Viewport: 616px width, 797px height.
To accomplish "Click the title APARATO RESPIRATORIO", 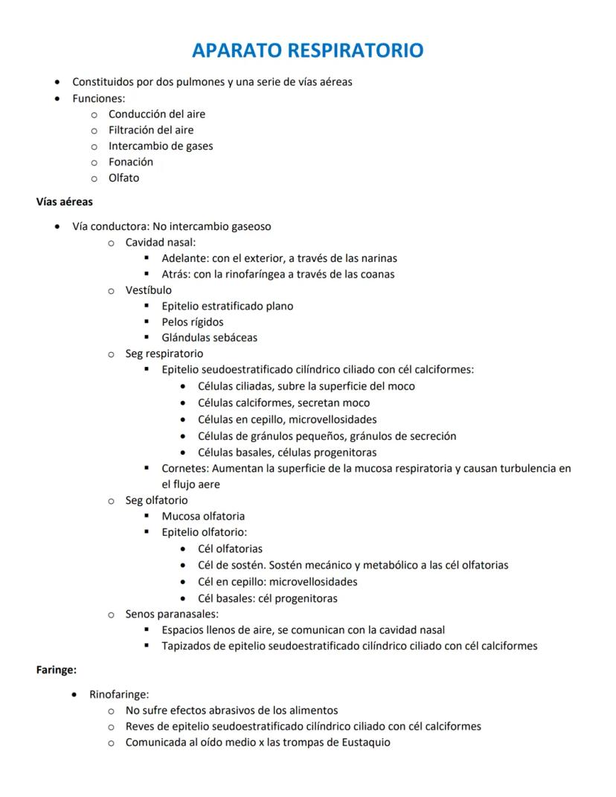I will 307,51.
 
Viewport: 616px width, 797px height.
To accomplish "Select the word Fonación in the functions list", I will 131,162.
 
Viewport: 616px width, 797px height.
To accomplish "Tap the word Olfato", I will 123,178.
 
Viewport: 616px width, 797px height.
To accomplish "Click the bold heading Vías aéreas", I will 65,201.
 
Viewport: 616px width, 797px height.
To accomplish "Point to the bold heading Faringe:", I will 57,670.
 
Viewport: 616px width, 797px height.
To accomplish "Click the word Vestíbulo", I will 148,290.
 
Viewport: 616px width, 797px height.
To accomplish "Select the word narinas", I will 375,258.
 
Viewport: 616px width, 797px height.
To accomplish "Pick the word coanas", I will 376,274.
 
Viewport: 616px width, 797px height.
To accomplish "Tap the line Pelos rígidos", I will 192,321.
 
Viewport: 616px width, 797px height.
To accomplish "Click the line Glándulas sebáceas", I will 209,338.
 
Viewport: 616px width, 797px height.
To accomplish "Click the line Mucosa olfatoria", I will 203,516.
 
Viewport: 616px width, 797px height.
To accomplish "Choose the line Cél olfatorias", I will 230,549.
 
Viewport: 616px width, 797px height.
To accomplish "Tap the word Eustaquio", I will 363,742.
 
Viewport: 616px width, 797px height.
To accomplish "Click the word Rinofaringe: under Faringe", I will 119,694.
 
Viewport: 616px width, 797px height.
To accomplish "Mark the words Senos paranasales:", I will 172,614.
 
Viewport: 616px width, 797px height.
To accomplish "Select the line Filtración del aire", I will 151,130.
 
